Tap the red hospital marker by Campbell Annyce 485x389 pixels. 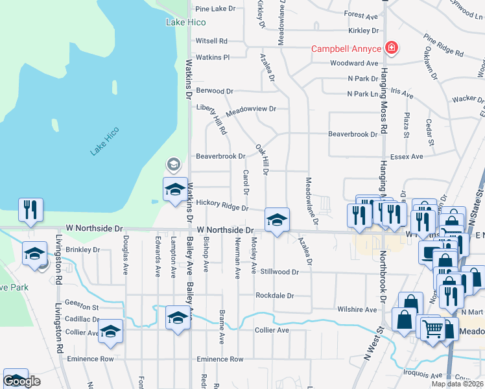point(391,48)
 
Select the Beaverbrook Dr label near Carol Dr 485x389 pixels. point(220,156)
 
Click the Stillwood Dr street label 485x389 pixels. point(279,272)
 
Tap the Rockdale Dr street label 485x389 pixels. point(275,296)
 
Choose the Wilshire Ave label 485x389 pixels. point(357,310)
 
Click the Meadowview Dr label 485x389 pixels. point(251,109)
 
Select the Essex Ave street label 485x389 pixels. point(407,156)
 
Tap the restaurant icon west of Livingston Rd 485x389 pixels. point(31,209)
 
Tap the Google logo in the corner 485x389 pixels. point(21,381)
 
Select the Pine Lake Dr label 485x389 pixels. point(215,9)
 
